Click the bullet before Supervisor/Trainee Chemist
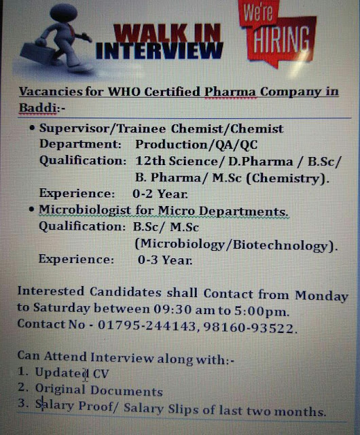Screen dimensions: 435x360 32,127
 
